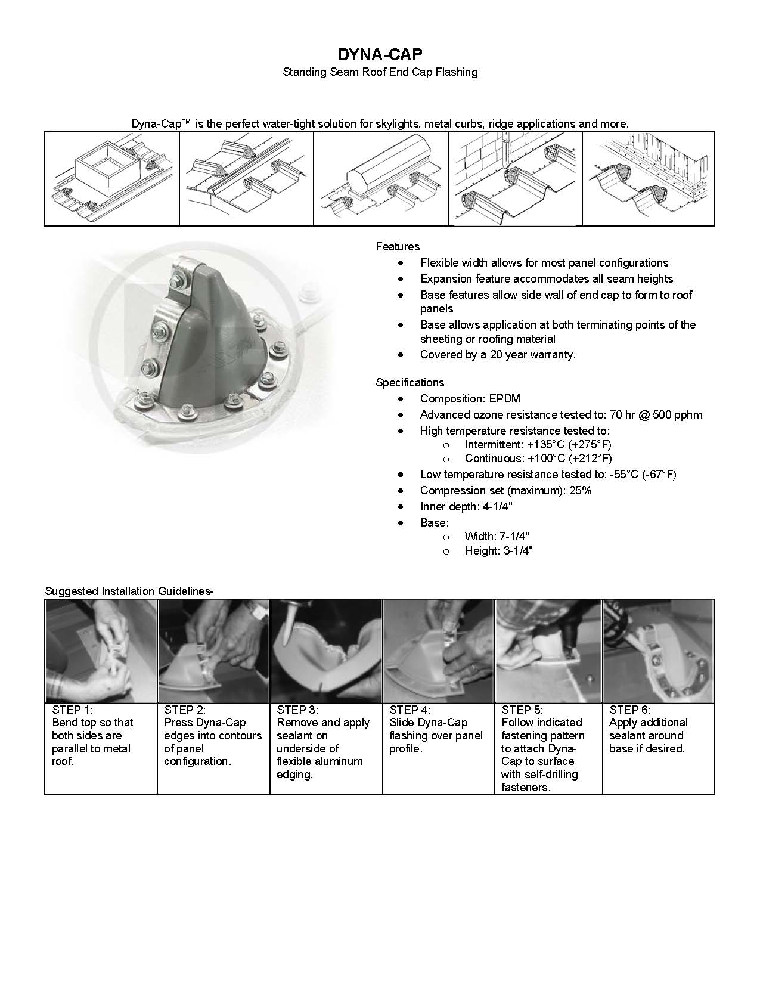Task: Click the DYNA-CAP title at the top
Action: (380, 55)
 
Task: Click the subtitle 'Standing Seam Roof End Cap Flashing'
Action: (380, 72)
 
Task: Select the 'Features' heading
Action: (398, 247)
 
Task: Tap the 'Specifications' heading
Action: (410, 383)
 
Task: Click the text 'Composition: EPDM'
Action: (470, 399)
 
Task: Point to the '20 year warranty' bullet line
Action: (498, 355)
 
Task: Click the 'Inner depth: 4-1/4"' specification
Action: (466, 507)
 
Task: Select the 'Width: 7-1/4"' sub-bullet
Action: (497, 536)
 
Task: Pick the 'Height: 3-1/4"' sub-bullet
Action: (498, 551)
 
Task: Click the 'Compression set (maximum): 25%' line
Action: (505, 491)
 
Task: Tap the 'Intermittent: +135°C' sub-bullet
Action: (538, 445)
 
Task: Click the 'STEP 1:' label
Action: (73, 710)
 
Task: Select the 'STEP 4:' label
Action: (410, 710)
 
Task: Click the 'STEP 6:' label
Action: (630, 710)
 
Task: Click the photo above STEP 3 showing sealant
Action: (326, 651)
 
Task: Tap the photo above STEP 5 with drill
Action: (548, 651)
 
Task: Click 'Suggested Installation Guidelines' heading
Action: (129, 591)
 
